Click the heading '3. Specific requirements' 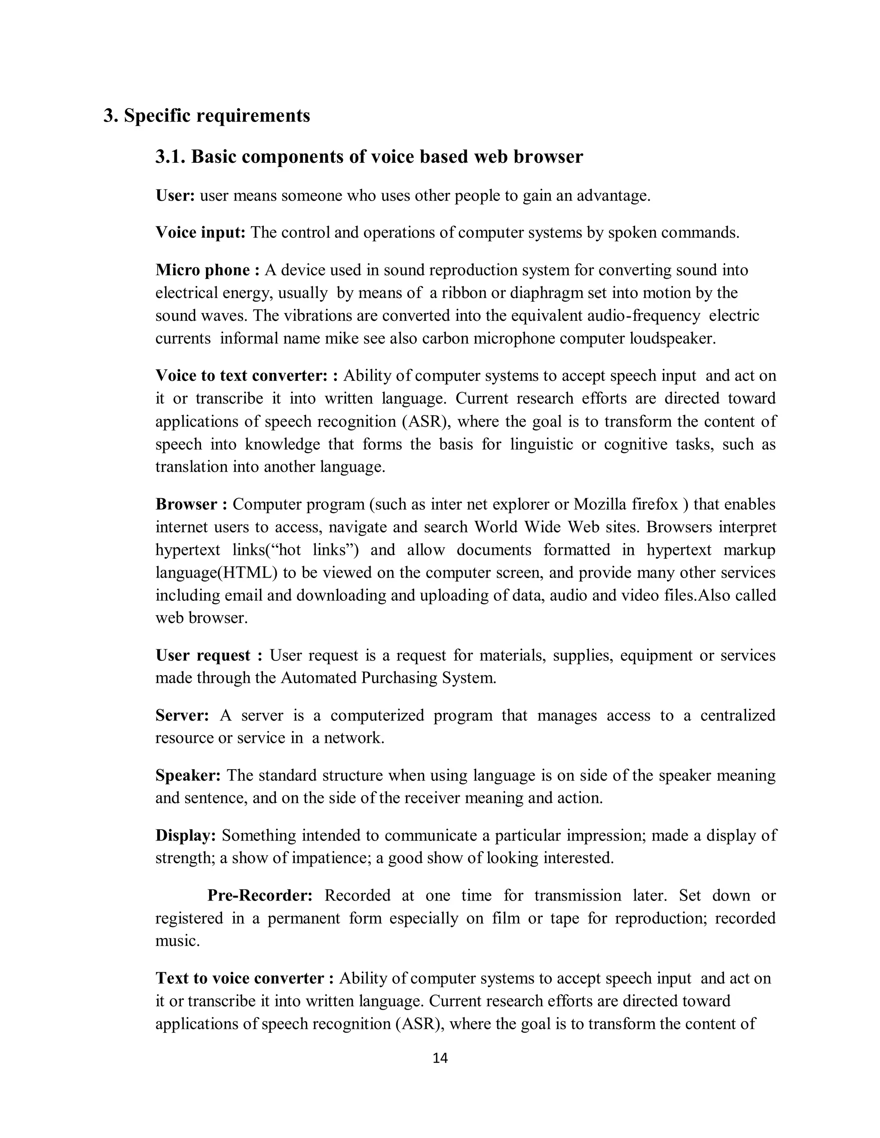click(x=206, y=116)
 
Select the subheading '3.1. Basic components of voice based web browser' click(x=369, y=157)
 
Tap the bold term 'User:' click(x=175, y=196)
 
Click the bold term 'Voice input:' click(x=201, y=232)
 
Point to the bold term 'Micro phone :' click(x=208, y=271)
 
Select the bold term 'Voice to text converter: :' click(x=247, y=375)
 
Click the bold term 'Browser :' click(x=191, y=505)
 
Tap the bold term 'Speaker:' click(x=188, y=775)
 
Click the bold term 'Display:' click(x=186, y=835)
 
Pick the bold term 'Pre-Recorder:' click(x=260, y=895)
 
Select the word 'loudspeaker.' click(x=673, y=339)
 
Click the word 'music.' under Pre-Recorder click(x=178, y=941)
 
